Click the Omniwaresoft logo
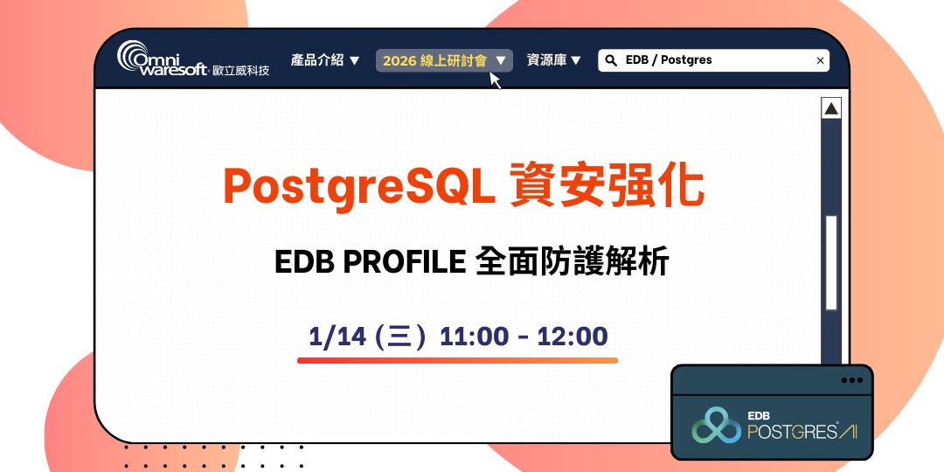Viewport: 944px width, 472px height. (x=192, y=59)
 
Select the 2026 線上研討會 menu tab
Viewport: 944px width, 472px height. (x=444, y=60)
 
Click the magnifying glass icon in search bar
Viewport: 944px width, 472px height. (x=612, y=60)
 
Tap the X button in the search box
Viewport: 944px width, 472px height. (x=820, y=60)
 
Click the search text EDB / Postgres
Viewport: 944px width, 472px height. (x=669, y=60)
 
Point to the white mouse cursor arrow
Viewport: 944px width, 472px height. (x=496, y=80)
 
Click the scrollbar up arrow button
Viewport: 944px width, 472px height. (x=831, y=108)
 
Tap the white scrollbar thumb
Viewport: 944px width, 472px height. (x=831, y=262)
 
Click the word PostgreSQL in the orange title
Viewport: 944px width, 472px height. (x=353, y=186)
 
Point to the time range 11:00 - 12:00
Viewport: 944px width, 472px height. (x=524, y=337)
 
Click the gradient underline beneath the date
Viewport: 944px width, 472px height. (x=457, y=360)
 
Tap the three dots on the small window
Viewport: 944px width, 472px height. (x=850, y=380)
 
